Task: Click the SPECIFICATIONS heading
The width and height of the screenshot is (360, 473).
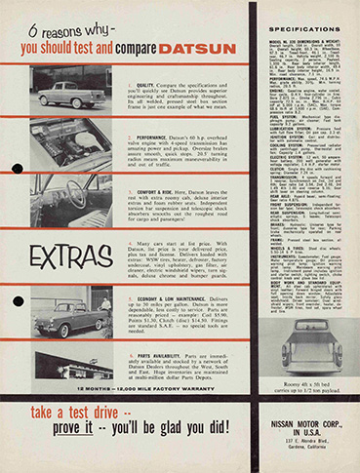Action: click(x=304, y=30)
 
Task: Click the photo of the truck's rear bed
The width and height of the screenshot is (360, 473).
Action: click(x=304, y=338)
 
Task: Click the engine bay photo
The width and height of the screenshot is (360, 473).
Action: click(x=68, y=142)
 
